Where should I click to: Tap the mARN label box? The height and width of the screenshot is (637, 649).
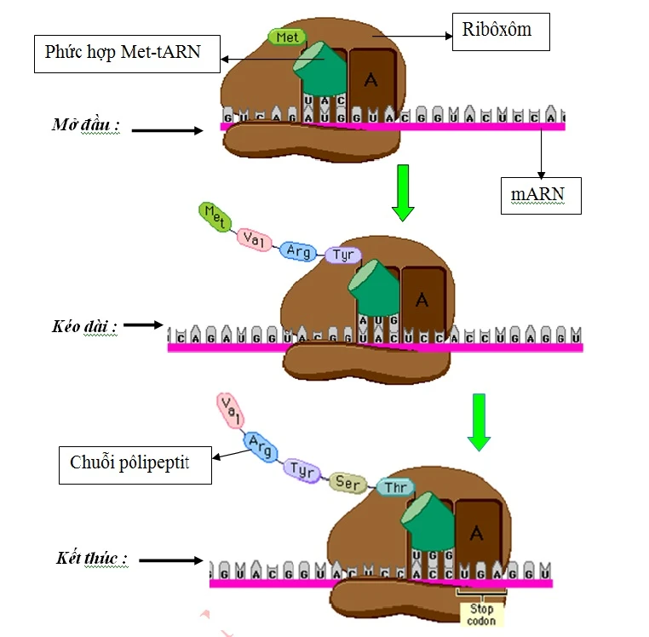(x=540, y=195)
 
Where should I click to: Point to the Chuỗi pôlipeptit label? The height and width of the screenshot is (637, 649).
(x=135, y=464)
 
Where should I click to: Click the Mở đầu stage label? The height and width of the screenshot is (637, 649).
(x=85, y=126)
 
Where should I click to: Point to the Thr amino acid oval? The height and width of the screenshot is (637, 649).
(x=394, y=487)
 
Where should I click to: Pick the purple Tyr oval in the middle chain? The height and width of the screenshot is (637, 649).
(x=344, y=255)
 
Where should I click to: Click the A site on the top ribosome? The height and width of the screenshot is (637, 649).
(x=370, y=82)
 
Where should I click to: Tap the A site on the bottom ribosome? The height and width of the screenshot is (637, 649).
(x=477, y=534)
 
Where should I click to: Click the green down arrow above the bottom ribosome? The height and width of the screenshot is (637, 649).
(x=480, y=422)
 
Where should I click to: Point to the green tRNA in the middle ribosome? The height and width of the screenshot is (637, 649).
(x=375, y=290)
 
